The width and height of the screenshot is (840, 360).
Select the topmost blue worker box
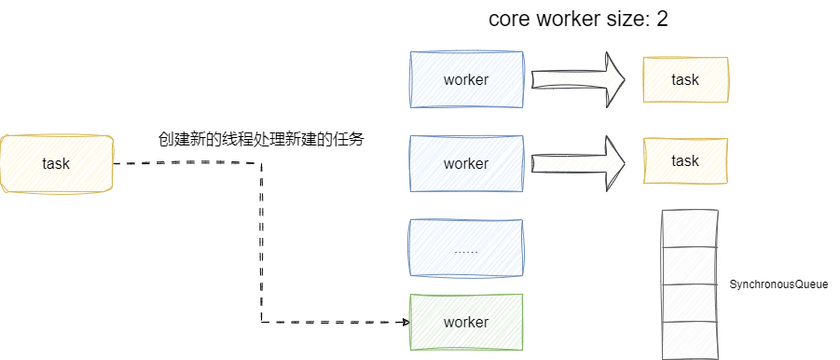(466, 79)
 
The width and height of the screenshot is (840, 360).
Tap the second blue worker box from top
(466, 163)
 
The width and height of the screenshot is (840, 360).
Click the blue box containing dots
(466, 249)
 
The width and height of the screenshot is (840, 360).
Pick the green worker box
(466, 322)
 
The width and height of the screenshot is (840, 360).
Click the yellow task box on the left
(56, 163)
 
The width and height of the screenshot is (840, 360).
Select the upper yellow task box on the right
(685, 79)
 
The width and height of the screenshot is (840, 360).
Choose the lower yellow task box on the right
(685, 160)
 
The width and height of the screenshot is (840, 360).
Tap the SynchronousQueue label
(778, 284)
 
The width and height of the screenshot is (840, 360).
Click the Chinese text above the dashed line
(261, 140)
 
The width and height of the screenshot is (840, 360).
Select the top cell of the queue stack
(691, 227)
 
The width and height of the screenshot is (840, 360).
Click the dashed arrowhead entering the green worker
(406, 322)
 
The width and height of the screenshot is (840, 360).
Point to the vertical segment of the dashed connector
(261, 242)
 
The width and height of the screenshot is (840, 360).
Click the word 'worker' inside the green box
(466, 322)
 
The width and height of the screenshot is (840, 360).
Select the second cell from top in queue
(691, 263)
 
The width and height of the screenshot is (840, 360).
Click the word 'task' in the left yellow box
(56, 163)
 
